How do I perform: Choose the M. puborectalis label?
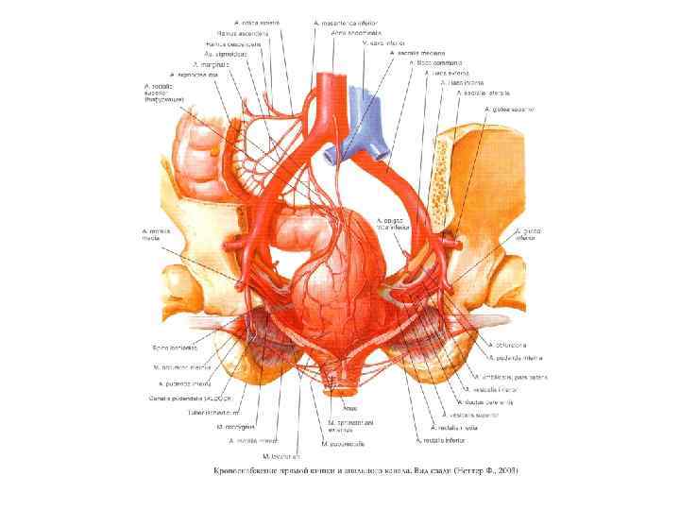[337, 442]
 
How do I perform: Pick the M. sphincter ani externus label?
[345, 426]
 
